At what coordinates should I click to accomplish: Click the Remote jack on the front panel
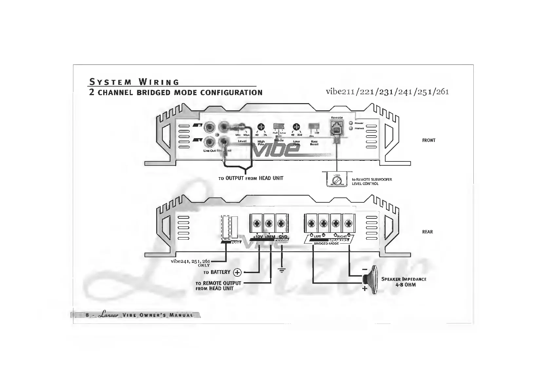pos(336,128)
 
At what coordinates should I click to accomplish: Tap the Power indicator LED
pos(351,123)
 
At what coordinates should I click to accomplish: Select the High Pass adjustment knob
pos(261,127)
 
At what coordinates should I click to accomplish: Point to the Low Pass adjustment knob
pos(296,127)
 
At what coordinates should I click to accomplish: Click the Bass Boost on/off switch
pos(314,127)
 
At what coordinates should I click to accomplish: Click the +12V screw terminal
pos(257,224)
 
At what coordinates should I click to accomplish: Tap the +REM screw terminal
pos(269,224)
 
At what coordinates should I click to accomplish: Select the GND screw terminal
pos(281,224)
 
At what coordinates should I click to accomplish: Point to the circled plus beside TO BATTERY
pos(237,272)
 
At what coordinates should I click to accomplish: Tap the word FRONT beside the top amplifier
pos(428,140)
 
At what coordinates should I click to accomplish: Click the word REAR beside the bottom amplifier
pos(427,232)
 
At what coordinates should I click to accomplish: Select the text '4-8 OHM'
pos(405,285)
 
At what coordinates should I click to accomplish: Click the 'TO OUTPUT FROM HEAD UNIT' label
pos(251,178)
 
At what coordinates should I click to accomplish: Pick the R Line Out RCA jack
pos(209,127)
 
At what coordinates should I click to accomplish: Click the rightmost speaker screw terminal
pos(348,224)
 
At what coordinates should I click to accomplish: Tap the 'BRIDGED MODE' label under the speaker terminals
pos(326,244)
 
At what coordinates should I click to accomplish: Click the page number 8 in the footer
pos(87,315)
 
